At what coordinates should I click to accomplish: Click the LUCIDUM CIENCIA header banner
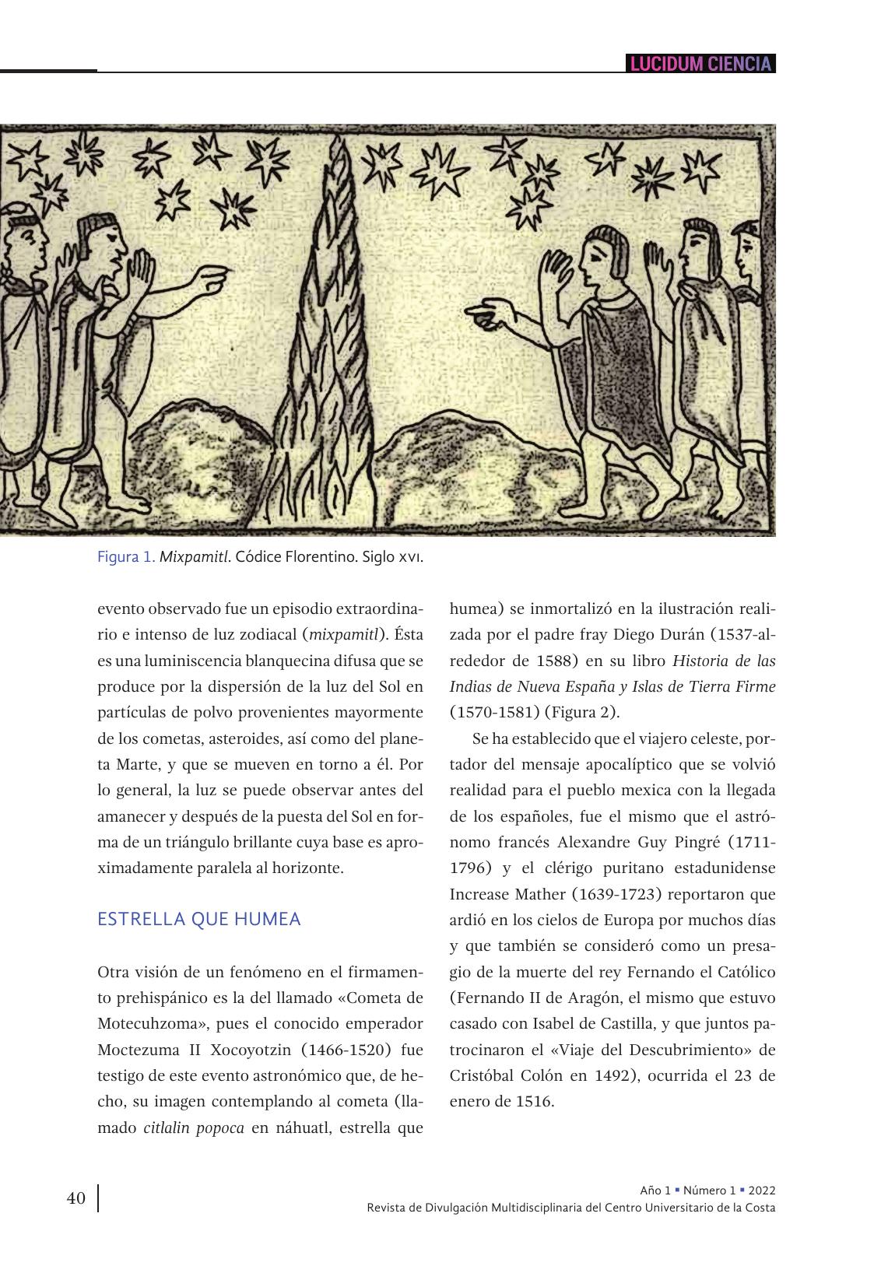pyautogui.click(x=700, y=64)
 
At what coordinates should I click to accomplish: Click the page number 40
pyautogui.click(x=75, y=1198)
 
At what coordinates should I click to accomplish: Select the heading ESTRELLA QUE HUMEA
pyautogui.click(x=198, y=919)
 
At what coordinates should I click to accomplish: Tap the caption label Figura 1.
pyautogui.click(x=126, y=558)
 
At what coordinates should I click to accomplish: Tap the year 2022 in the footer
pyautogui.click(x=761, y=1191)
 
